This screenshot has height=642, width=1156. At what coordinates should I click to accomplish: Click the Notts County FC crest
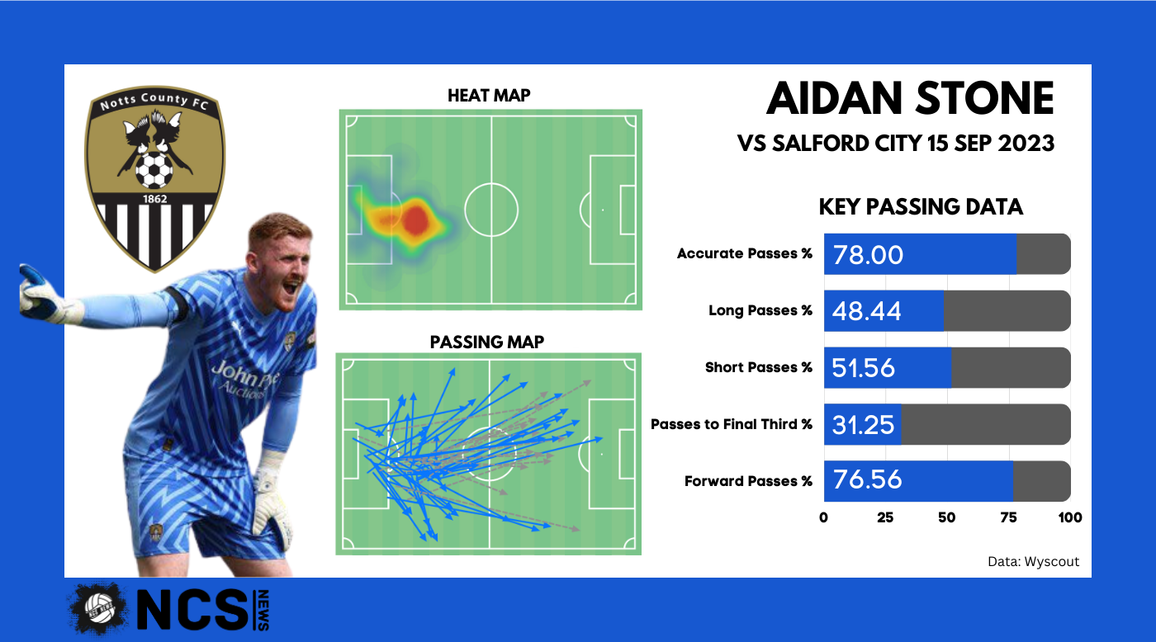[155, 178]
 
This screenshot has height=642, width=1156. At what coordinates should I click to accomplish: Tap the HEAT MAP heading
[489, 96]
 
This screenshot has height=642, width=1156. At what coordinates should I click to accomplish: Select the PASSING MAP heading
[487, 342]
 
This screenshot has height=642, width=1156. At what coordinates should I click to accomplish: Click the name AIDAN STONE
[910, 98]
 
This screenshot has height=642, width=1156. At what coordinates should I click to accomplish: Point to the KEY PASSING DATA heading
[921, 207]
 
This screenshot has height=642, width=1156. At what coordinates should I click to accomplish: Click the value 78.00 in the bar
[868, 255]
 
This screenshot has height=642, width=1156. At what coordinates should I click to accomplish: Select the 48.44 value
[866, 311]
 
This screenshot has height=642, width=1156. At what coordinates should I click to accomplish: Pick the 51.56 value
[863, 368]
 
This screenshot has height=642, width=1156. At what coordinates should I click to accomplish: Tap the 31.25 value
[863, 425]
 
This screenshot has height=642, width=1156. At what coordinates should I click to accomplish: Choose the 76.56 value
[868, 479]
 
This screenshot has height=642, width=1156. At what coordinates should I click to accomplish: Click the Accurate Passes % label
[745, 253]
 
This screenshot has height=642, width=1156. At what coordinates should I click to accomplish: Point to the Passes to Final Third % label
[732, 424]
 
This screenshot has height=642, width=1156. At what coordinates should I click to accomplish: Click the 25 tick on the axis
[885, 517]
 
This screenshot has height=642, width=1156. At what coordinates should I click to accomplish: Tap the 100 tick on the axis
[1070, 517]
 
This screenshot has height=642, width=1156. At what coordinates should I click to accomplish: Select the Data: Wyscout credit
[1033, 562]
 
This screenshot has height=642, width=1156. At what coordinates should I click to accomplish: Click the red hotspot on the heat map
[415, 220]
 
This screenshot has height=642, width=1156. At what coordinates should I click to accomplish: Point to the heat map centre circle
[491, 184]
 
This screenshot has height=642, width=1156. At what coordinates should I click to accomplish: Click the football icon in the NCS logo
[99, 608]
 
